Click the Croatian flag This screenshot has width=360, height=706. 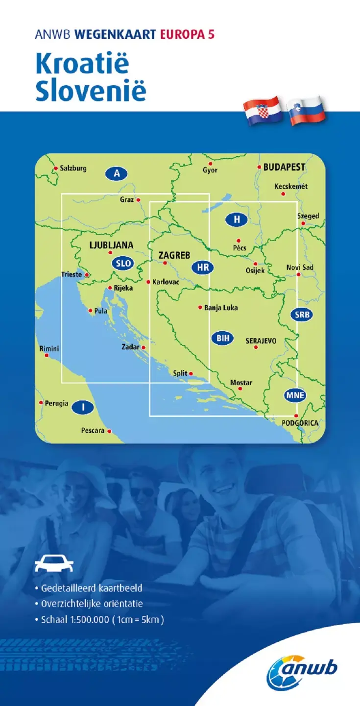[x=263, y=110]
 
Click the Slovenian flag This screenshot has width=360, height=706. [x=307, y=111]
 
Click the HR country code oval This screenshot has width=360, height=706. [x=202, y=268]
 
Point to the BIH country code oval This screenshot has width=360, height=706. [x=222, y=338]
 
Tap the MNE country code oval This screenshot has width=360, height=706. [x=296, y=395]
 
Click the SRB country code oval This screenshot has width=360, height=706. [x=302, y=315]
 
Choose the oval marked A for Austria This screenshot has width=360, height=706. [x=116, y=173]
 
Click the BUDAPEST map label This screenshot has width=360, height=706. [x=284, y=167]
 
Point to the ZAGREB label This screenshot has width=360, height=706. [x=174, y=255]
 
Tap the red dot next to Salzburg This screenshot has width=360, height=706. [x=56, y=169]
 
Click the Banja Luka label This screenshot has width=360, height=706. [x=221, y=308]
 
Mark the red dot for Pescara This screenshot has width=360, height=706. [x=109, y=431]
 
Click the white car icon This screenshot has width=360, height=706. [x=54, y=564]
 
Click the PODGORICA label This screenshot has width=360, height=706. [x=300, y=423]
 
